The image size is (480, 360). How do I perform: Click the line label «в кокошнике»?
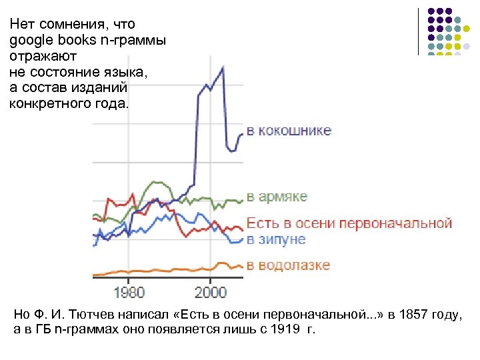tap(289, 131)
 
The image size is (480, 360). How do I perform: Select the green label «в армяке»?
tap(277, 197)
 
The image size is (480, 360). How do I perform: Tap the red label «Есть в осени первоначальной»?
tap(349, 223)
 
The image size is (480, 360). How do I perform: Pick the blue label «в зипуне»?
tap(275, 239)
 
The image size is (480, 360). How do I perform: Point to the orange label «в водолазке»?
tap(288, 265)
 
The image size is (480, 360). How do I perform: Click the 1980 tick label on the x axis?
tap(129, 292)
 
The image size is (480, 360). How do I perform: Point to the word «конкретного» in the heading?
tap(47, 103)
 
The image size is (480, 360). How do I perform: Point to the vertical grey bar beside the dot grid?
tap(419, 31)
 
